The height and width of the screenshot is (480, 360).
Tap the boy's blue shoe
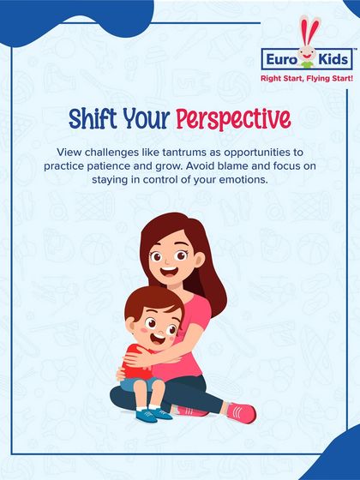coord(157,414)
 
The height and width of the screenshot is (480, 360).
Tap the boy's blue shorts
coord(135,384)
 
